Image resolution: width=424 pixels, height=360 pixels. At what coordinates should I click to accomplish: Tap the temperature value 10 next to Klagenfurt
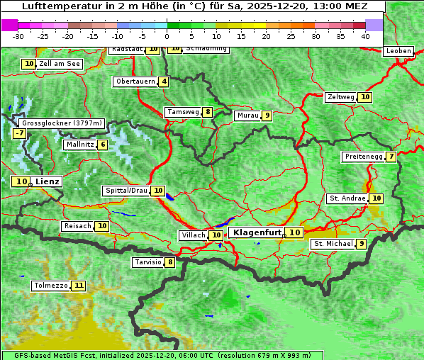point(295,232)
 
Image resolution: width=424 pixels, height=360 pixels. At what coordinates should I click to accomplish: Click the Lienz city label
point(48,181)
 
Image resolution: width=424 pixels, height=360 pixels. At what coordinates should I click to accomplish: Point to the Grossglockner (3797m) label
point(62,123)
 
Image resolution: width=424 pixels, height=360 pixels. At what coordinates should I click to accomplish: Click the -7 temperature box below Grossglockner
point(19,133)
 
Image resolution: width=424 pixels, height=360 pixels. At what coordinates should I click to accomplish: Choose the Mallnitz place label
point(79,145)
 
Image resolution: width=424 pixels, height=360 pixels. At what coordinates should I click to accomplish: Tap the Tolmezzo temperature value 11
point(78,286)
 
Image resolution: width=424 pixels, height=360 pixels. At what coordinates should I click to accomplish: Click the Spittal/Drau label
point(125,191)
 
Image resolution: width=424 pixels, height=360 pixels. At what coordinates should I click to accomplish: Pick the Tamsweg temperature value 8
point(207,112)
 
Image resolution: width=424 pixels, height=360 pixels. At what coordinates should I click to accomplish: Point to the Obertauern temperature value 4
point(164,81)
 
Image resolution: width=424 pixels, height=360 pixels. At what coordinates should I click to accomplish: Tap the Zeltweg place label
point(340,97)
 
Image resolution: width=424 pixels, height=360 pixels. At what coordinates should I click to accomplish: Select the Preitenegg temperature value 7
point(391,157)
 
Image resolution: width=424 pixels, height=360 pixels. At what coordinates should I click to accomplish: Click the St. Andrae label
point(347,198)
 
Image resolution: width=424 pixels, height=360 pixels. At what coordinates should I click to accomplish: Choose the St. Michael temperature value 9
point(362,244)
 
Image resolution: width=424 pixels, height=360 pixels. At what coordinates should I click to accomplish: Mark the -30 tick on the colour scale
point(18,35)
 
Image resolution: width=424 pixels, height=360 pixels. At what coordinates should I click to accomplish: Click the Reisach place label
point(77,226)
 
